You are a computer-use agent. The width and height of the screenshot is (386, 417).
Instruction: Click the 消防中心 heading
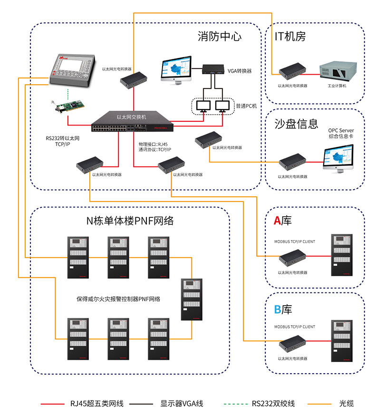pos(219,37)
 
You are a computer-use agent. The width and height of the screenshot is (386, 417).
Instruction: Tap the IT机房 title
pos(290,37)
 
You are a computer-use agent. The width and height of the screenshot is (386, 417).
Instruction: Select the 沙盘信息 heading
pos(296,124)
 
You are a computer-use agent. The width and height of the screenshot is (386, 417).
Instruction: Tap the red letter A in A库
pos(277,220)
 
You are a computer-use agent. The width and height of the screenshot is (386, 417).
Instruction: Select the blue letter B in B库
pos(277,310)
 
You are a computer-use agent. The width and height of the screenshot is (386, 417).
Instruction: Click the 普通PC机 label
pos(246,106)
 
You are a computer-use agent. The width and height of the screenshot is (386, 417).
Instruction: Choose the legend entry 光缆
pos(346,404)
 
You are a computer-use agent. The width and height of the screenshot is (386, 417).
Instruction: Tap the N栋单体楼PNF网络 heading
pos(130,221)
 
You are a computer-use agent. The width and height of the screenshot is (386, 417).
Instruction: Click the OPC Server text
pos(341,130)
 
